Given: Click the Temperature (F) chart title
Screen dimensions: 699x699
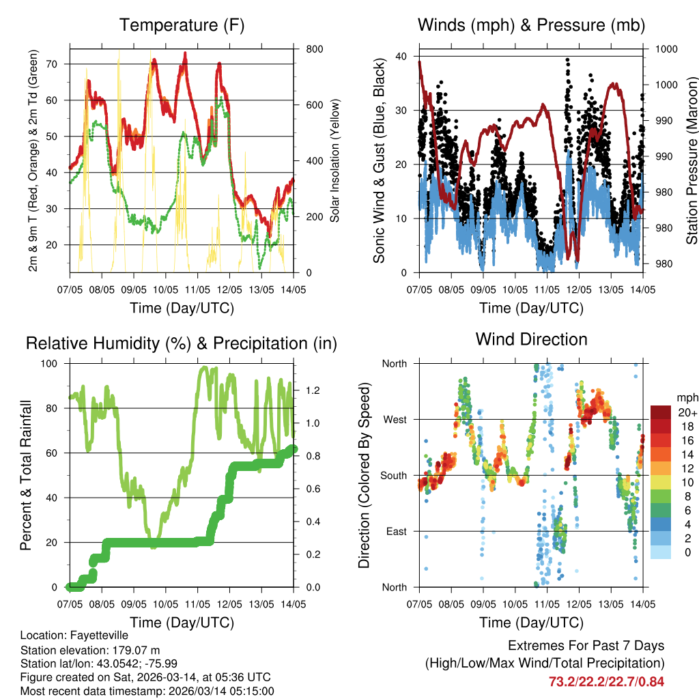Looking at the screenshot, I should click(x=182, y=26).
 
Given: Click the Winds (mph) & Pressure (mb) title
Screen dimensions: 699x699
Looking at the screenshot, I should click(x=531, y=26).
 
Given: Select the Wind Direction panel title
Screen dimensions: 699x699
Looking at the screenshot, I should click(x=531, y=339).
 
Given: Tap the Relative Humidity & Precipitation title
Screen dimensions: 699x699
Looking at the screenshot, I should click(x=182, y=343).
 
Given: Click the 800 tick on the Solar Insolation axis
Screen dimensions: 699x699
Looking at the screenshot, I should click(x=314, y=49).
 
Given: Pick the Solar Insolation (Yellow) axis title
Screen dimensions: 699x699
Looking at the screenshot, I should click(x=335, y=160).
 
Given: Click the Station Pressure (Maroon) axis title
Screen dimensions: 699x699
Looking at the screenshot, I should click(x=691, y=161).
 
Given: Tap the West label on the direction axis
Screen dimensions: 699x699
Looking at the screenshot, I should click(x=394, y=419).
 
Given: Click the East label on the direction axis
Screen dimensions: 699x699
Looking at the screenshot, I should click(x=395, y=531).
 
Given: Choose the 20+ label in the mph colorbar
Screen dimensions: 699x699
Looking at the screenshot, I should click(x=686, y=412).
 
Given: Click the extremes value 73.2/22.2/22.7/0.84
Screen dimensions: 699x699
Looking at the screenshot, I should click(x=606, y=681).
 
